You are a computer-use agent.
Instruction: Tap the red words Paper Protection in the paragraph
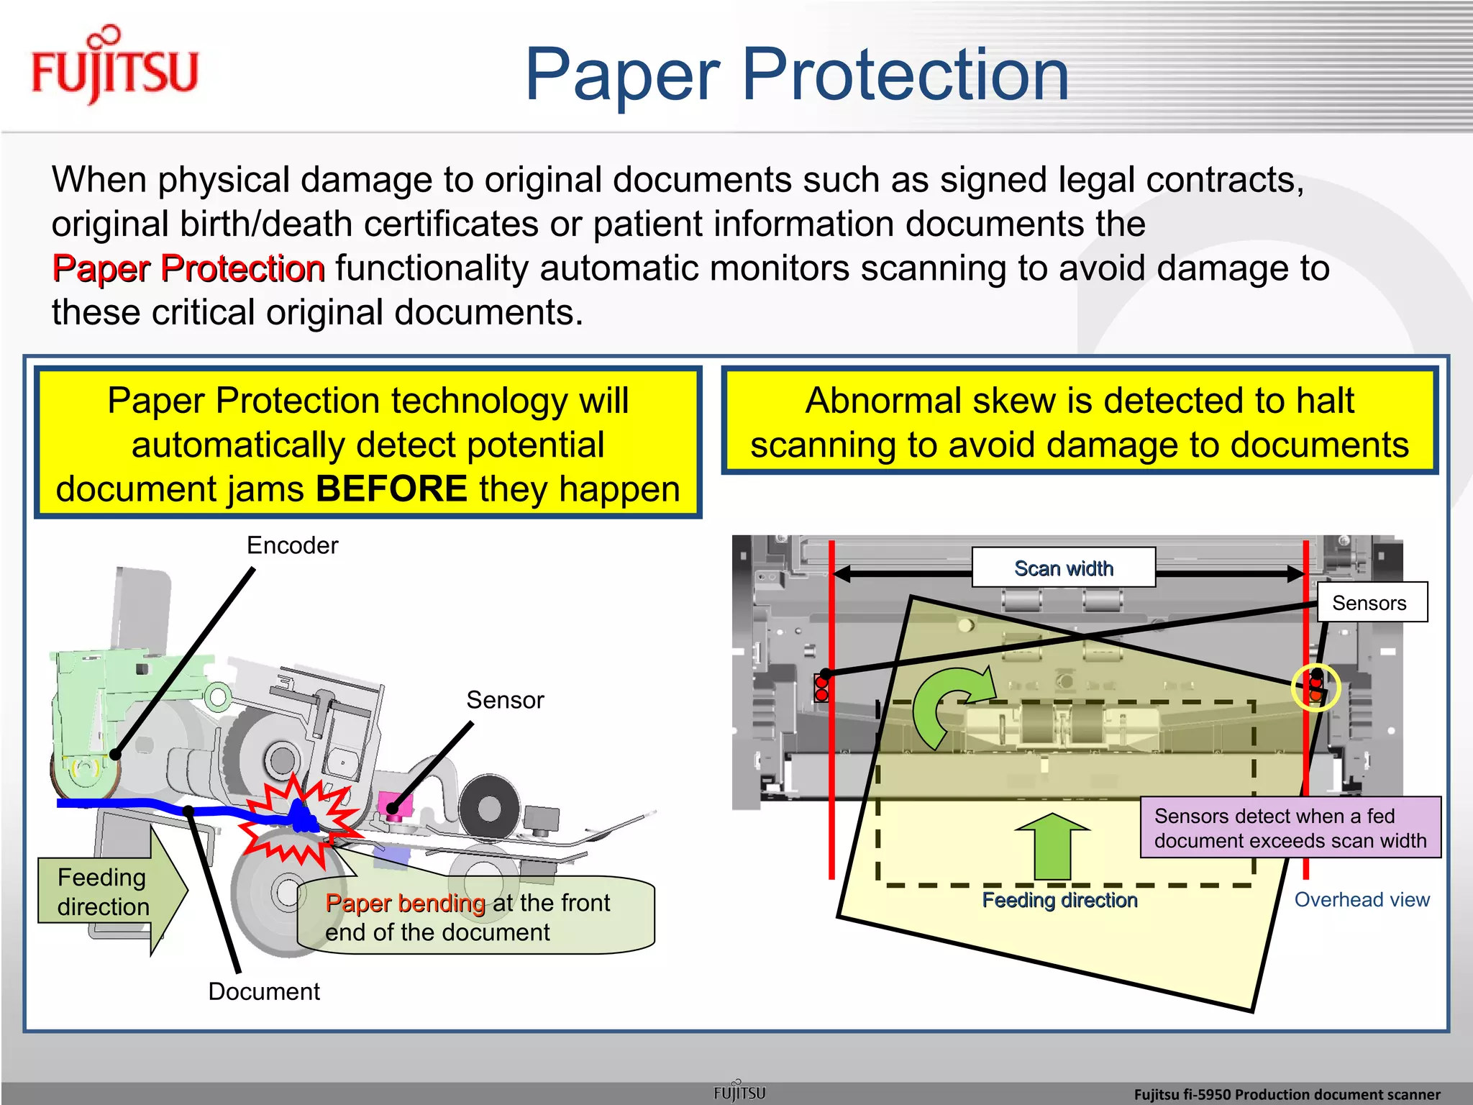(188, 268)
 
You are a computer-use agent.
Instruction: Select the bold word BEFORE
(392, 489)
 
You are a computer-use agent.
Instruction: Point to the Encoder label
(292, 545)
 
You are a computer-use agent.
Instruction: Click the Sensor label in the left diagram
(505, 700)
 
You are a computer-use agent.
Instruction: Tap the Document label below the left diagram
(264, 991)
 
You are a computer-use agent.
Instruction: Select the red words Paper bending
(405, 903)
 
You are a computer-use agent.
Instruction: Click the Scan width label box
(1063, 568)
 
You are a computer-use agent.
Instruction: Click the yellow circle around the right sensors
(1315, 688)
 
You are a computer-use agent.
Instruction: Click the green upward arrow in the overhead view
(1052, 845)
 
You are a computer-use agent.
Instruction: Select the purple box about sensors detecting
(1290, 828)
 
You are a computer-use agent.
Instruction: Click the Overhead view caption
(1362, 900)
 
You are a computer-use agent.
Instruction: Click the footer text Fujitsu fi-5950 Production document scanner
(1287, 1094)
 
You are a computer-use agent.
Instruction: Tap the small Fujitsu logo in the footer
(739, 1092)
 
